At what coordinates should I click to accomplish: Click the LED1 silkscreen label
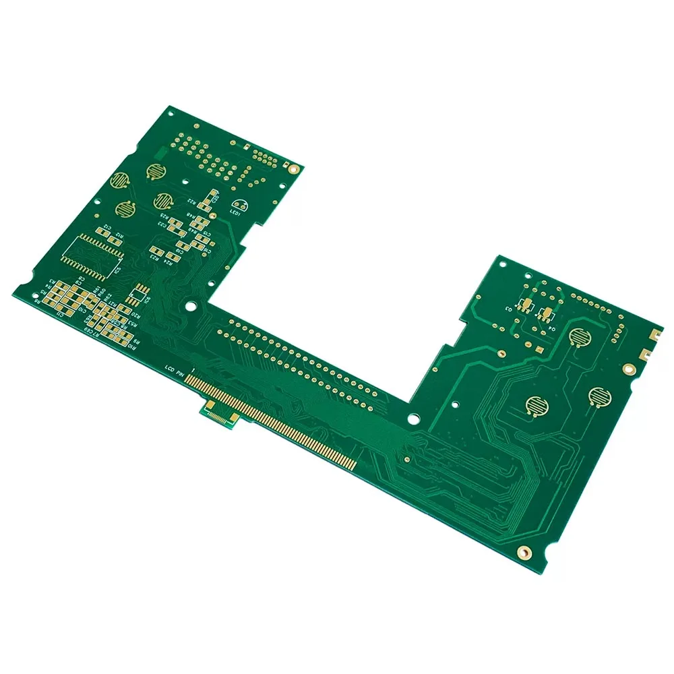tap(235, 213)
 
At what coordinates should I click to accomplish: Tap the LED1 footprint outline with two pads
tap(239, 204)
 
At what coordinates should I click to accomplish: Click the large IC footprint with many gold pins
tap(93, 255)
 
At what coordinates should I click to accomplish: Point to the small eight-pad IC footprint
tap(138, 294)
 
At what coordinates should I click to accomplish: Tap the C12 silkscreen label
tap(107, 227)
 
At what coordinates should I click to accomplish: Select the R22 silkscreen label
tap(192, 202)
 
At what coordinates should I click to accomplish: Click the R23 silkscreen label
tap(154, 257)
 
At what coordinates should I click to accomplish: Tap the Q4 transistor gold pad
tap(547, 313)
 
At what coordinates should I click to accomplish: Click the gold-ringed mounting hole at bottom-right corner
tap(523, 552)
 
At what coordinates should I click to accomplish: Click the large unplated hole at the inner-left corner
tap(191, 306)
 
